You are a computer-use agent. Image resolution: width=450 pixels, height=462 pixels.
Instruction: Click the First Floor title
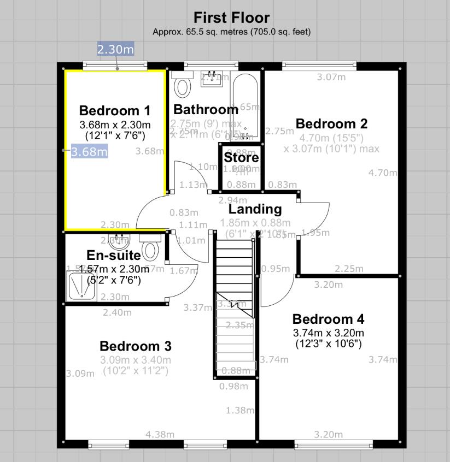[x=231, y=17]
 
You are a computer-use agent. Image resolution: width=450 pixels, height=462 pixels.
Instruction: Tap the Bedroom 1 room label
[x=114, y=110]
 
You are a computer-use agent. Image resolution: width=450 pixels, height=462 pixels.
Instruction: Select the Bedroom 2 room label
[x=331, y=123]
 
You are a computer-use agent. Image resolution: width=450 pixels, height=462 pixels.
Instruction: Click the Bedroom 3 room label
[x=135, y=346]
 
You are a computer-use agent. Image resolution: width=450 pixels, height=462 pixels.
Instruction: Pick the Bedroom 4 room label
[x=328, y=319]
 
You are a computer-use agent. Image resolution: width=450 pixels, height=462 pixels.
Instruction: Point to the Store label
[x=241, y=158]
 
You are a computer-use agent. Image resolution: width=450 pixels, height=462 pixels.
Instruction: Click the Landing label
[x=255, y=209]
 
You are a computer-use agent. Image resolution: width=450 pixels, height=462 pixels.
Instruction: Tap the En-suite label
[x=114, y=255]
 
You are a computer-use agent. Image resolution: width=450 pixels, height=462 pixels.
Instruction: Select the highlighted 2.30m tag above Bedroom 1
[x=115, y=49]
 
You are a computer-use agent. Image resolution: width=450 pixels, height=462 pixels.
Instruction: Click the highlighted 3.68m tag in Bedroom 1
[x=89, y=151]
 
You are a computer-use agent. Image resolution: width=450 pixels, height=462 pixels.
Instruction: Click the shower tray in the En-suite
[x=82, y=286]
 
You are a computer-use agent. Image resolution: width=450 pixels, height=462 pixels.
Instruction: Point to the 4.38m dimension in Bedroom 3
[x=160, y=434]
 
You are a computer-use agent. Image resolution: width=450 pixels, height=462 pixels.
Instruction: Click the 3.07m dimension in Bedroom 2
[x=331, y=77]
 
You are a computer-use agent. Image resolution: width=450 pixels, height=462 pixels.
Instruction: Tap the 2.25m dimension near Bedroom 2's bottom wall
[x=349, y=268]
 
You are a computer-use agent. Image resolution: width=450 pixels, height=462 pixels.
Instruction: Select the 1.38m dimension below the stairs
[x=240, y=410]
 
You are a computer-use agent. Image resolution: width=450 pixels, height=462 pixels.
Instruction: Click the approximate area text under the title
[x=231, y=32]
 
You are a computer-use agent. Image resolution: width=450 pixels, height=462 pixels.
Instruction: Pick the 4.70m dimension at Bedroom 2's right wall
[x=383, y=173]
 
